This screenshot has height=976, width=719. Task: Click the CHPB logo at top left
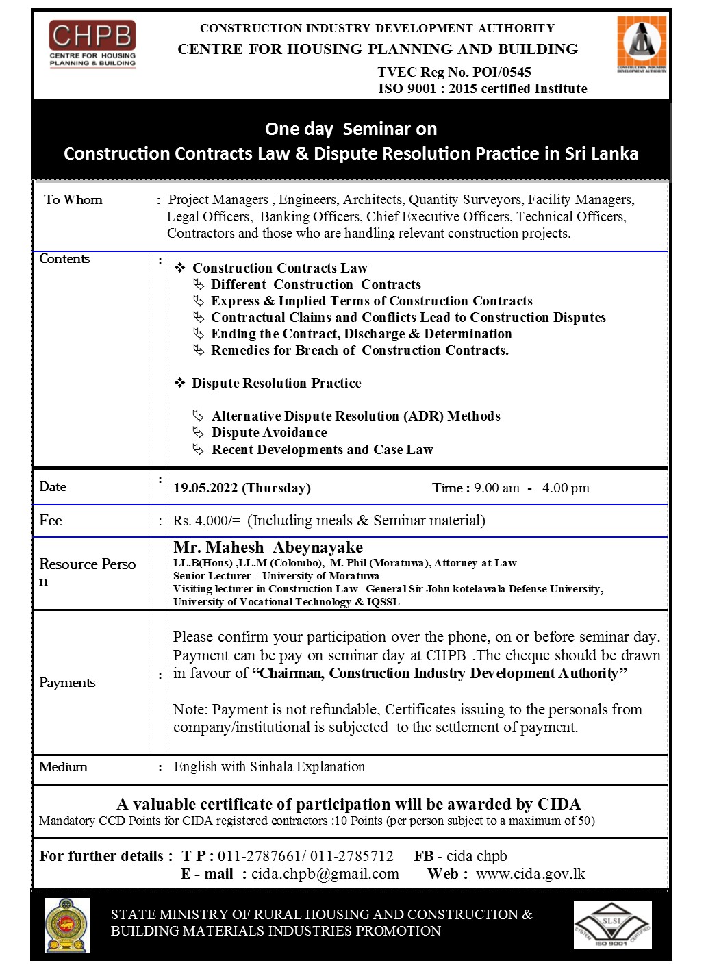click(x=92, y=44)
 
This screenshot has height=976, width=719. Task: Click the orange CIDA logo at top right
click(x=642, y=44)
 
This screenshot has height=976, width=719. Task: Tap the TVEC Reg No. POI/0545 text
click(x=454, y=72)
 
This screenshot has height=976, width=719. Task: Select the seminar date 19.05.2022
click(x=205, y=488)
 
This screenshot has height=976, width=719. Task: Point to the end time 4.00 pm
click(x=566, y=488)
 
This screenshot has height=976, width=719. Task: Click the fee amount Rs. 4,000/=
click(x=207, y=521)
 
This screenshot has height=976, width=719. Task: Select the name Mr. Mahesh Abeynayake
click(x=268, y=547)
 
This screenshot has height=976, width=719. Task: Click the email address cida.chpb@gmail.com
click(x=325, y=874)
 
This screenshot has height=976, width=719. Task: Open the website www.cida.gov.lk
click(x=531, y=874)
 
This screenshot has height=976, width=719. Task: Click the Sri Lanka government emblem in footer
click(x=66, y=925)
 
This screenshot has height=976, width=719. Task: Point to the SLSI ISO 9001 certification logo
click(x=612, y=925)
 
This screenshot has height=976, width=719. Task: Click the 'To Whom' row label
click(x=73, y=200)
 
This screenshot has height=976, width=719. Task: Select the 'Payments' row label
click(x=67, y=683)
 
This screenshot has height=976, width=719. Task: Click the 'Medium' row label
click(x=63, y=767)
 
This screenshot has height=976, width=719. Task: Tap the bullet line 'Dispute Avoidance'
click(x=269, y=433)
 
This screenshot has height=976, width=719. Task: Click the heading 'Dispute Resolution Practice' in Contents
click(x=277, y=384)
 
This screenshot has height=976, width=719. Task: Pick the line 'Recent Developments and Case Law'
click(x=322, y=450)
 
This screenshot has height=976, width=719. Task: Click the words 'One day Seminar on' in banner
click(x=351, y=129)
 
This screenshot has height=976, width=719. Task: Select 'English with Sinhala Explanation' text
click(x=269, y=767)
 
